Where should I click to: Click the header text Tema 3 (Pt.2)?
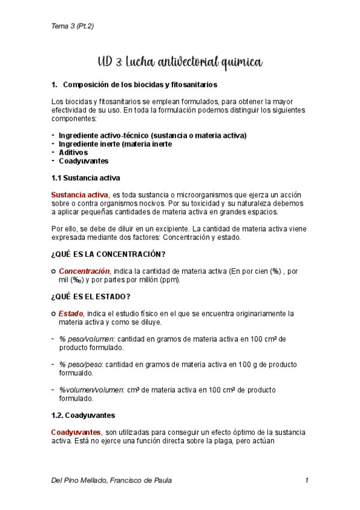pos(72,26)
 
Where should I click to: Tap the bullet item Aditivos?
pos(73,152)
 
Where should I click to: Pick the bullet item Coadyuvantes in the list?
pos(84,161)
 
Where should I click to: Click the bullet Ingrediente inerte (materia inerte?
pos(115,144)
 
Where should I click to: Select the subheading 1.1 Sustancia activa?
pos(85,178)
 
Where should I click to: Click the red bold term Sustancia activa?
pos(79,195)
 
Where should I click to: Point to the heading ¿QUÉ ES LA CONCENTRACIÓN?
pos(108,254)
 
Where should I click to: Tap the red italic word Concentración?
pos(84,271)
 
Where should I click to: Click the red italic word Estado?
pos(72,313)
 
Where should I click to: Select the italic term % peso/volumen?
pos(87,339)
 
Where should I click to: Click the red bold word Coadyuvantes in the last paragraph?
pos(76,432)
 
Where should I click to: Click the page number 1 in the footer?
pos(307,481)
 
